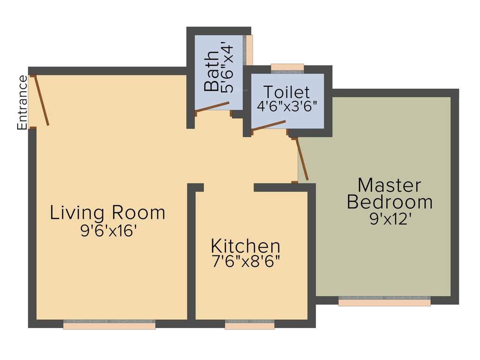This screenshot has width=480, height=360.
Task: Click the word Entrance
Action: tap(22, 103)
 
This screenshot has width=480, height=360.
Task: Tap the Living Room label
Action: tap(108, 213)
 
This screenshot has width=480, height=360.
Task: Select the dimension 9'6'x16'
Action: tap(108, 231)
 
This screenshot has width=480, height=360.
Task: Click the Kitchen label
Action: tap(246, 246)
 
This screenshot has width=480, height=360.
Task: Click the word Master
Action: tap(389, 185)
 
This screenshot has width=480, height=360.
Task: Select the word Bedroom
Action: tap(389, 202)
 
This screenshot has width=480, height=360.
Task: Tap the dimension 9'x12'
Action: tap(390, 219)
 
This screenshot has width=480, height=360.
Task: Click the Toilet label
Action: tap(286, 91)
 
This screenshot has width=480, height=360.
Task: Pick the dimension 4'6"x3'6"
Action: tap(287, 105)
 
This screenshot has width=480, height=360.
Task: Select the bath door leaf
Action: tap(212, 106)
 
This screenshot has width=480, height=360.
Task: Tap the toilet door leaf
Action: tap(269, 125)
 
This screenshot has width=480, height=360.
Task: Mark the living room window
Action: tap(109, 324)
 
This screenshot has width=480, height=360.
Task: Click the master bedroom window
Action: tap(384, 301)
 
